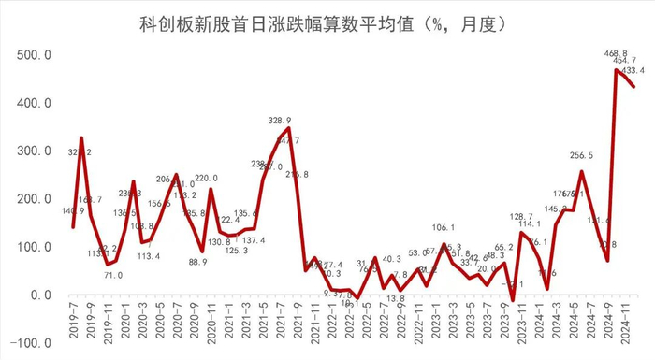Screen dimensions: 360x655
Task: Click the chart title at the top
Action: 327,22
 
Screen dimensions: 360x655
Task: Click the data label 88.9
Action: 197,262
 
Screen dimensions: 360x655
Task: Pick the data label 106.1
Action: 443,227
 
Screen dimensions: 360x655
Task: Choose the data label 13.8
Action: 395,298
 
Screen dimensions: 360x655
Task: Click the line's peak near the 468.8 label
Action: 616,70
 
